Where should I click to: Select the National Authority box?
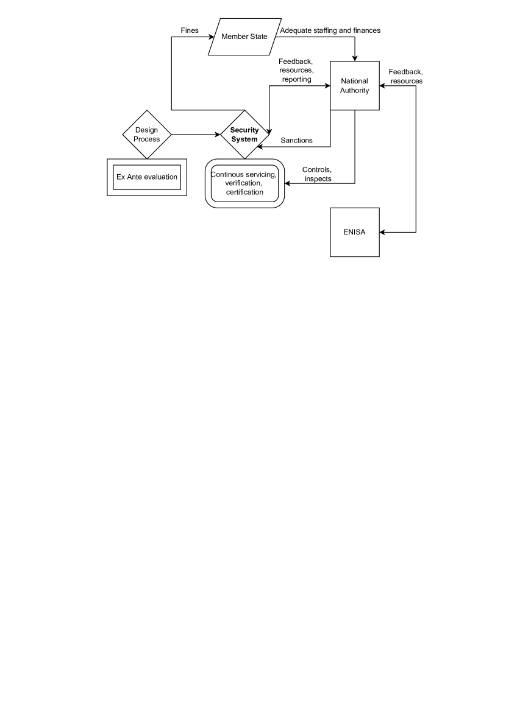pyautogui.click(x=354, y=86)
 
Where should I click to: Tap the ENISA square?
pyautogui.click(x=354, y=232)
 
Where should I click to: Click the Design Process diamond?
pyautogui.click(x=147, y=135)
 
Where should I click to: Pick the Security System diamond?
pyautogui.click(x=244, y=135)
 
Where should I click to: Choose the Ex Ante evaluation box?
pyautogui.click(x=147, y=177)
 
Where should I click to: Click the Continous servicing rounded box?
pyautogui.click(x=244, y=183)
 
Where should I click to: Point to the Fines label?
pyautogui.click(x=190, y=30)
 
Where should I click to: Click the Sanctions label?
pyautogui.click(x=296, y=141)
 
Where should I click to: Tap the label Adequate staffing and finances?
pyautogui.click(x=330, y=30)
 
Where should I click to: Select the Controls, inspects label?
pyautogui.click(x=317, y=174)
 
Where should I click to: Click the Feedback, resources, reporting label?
pyautogui.click(x=296, y=71)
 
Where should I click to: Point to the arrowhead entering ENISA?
pyautogui.click(x=382, y=232)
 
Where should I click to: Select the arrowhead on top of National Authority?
pyautogui.click(x=354, y=58)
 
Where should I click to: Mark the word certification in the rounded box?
pyautogui.click(x=244, y=192)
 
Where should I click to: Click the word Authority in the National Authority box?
pyautogui.click(x=354, y=91)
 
